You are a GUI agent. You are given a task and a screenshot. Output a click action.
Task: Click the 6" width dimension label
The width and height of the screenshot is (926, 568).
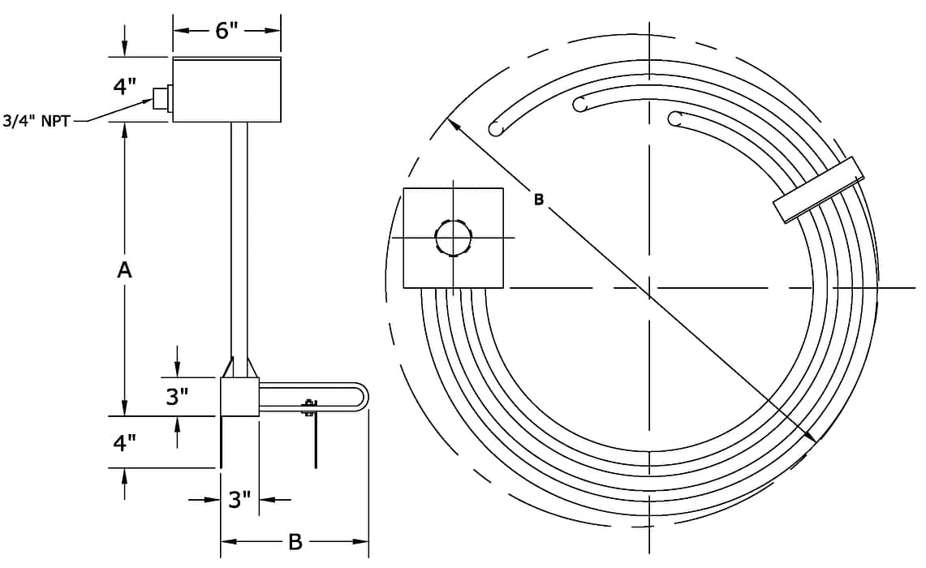[226, 30]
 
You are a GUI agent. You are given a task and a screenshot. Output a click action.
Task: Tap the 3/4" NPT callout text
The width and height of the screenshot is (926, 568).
[37, 121]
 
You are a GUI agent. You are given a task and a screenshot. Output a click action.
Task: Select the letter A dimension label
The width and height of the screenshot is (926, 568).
[124, 270]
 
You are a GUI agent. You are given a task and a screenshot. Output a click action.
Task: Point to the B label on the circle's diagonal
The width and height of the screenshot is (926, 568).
[539, 200]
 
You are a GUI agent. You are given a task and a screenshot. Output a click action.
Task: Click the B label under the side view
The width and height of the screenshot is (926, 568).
[295, 541]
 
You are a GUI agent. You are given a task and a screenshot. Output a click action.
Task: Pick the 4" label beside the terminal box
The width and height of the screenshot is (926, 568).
[125, 87]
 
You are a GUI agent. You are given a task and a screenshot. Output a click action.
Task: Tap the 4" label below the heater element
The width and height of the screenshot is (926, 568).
[125, 442]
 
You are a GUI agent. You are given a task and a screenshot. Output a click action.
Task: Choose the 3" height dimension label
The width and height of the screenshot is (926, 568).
[177, 396]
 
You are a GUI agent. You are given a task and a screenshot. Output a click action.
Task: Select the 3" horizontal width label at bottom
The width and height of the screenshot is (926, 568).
[239, 500]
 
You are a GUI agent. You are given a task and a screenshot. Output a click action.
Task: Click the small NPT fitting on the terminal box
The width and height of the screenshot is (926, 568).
[162, 97]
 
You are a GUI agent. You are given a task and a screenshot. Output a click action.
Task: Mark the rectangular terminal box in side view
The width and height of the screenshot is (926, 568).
[226, 90]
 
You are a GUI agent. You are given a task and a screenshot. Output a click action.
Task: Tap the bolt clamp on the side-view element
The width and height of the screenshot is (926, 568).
[309, 407]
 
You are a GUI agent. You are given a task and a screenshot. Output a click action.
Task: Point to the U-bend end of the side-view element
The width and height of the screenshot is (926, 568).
[361, 396]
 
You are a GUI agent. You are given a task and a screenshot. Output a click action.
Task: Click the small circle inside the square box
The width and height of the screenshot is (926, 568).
[454, 238]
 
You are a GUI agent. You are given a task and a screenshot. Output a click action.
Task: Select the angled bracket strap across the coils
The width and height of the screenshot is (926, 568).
[819, 190]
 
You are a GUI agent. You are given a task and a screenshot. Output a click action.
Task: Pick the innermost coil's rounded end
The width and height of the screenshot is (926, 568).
[675, 118]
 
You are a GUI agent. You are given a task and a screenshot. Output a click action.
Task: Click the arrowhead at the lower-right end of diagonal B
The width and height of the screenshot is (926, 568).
[810, 436]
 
